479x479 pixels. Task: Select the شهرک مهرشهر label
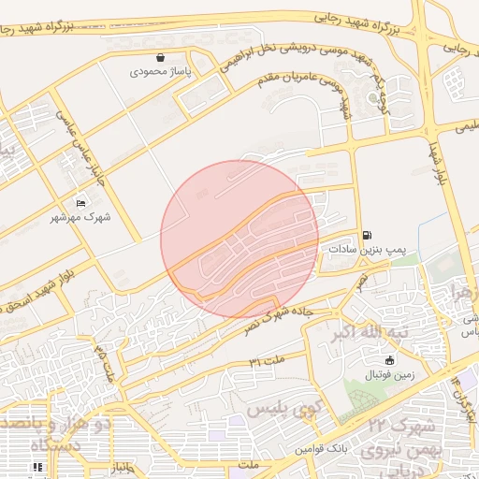(x=80, y=217)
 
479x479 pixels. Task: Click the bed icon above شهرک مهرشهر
(x=80, y=203)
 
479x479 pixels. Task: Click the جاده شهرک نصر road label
(x=290, y=313)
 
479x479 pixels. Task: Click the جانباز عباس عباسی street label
(x=82, y=145)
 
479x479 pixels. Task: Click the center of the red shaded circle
(x=239, y=239)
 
